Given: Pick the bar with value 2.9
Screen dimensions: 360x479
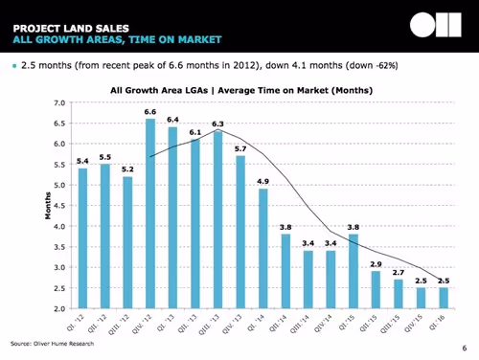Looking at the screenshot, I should (376, 290).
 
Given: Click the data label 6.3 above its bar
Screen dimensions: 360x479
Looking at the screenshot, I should (217, 124).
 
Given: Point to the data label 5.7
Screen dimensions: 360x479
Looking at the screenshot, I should (240, 148).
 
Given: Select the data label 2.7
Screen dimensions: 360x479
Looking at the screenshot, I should (398, 272).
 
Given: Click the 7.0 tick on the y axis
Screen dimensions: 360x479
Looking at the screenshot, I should (59, 101).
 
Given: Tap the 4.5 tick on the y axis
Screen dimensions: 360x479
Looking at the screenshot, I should (59, 206).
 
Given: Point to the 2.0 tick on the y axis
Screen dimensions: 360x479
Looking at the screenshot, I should (59, 309).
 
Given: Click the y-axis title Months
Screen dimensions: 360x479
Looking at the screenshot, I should (45, 205).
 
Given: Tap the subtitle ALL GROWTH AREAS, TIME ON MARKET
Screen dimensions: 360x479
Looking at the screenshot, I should (115, 39).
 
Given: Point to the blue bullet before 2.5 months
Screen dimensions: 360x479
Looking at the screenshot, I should (12, 65).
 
